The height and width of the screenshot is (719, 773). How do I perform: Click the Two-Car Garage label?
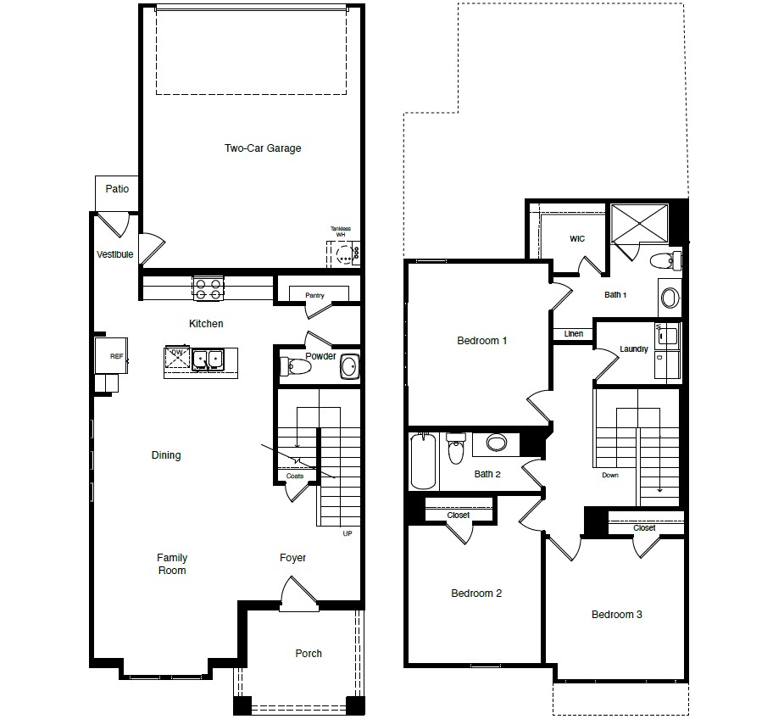263,148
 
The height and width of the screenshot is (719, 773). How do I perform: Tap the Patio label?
117,188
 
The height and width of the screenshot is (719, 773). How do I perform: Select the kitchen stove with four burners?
208,288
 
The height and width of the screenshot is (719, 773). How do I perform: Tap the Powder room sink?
348,367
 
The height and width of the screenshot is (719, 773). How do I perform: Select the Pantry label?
314,295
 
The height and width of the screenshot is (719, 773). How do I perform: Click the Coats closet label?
294,476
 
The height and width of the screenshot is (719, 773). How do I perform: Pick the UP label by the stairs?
346,533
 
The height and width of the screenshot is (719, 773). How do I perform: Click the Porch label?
309,654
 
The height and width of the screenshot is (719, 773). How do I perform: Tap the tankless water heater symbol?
344,253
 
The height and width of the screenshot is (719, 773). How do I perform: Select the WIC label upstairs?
577,239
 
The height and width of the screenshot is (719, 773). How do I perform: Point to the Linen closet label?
574,334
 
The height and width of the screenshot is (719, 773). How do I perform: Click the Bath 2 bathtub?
423,461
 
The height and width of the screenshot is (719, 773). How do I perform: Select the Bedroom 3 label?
616,615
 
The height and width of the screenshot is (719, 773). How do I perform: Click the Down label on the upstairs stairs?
610,476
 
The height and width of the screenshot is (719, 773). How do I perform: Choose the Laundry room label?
634,349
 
